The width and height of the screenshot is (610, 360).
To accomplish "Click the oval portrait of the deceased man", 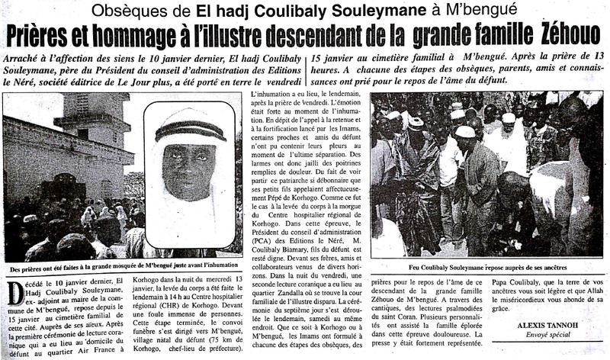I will pyautogui.click(x=188, y=174).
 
